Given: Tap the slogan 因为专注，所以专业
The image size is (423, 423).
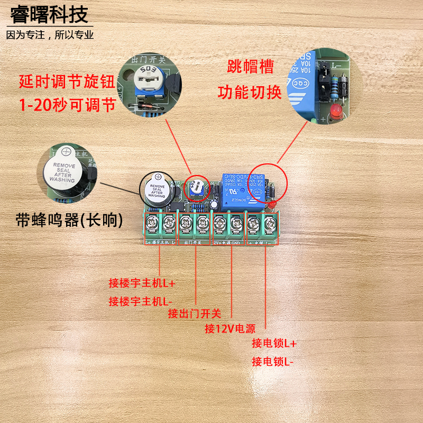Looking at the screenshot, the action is coord(50,35).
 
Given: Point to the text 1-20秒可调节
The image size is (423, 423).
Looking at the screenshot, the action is coord(67,105).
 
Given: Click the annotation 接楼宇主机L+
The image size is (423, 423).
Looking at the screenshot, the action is coord(141,283).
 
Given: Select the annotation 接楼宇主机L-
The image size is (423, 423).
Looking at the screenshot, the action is coord(141,301).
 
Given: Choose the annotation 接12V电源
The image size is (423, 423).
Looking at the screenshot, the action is coord(229,329).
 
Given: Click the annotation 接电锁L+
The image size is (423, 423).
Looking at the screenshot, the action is coord(274,343).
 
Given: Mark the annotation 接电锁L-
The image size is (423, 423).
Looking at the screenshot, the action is coord(273,362).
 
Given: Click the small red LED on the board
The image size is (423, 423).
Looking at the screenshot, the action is coord(271,205).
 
